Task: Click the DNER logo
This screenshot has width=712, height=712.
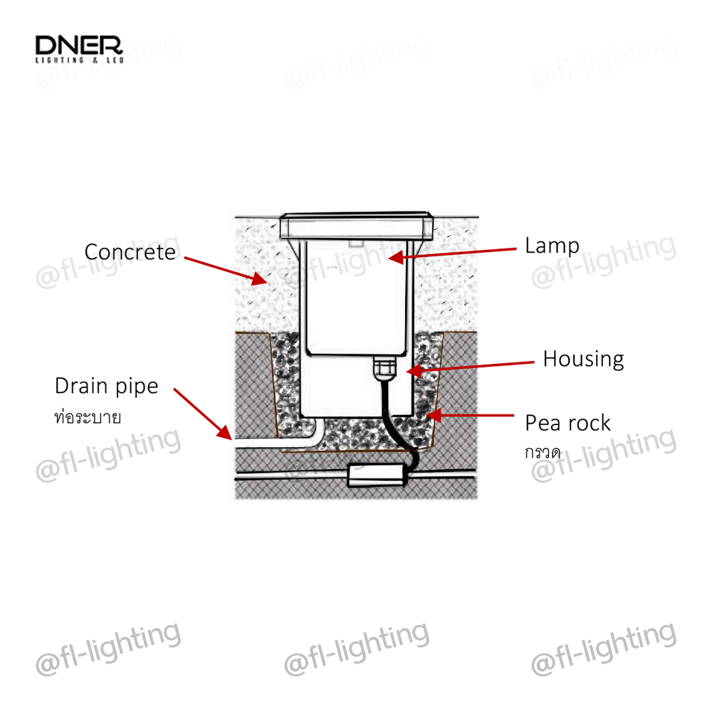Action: [x=79, y=47]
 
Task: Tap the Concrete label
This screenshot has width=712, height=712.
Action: [x=130, y=252]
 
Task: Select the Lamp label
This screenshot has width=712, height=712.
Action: [x=552, y=246]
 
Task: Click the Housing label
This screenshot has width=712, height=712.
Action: [x=583, y=359]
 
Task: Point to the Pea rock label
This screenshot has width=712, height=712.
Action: [x=567, y=423]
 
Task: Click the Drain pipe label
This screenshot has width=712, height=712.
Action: [x=107, y=387]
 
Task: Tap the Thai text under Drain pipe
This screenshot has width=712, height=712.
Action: [x=88, y=417]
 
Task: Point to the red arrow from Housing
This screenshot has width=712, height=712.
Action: [x=470, y=366]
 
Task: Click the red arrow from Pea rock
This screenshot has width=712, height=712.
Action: [x=470, y=413]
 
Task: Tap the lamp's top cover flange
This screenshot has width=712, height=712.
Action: [x=356, y=227]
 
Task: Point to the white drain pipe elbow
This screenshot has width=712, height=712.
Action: [x=310, y=432]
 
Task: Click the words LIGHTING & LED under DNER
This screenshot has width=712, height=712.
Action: [x=79, y=62]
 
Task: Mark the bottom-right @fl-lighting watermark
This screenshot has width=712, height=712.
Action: [x=604, y=648]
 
